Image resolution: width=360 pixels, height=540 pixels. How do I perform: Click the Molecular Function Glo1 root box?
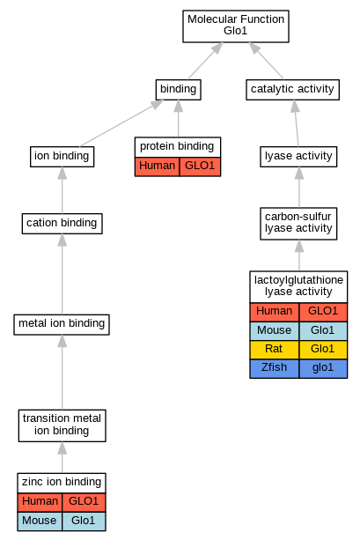(x=236, y=26)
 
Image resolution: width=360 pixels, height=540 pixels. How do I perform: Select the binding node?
(x=179, y=90)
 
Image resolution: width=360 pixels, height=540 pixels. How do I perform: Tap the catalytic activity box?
(x=292, y=90)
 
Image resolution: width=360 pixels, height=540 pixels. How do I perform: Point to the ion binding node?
(x=62, y=157)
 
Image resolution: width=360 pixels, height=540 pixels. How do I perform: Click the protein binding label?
(x=177, y=147)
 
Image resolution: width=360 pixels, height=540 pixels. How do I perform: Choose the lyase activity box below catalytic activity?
(x=298, y=157)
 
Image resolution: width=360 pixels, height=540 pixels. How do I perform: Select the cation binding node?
(x=62, y=224)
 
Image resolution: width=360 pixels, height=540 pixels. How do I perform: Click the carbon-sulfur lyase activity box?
(x=298, y=224)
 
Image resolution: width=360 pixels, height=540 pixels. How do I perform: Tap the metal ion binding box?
(x=62, y=324)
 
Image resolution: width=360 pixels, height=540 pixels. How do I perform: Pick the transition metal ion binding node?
(x=62, y=425)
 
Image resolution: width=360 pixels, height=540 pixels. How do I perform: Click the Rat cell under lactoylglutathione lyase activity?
(x=275, y=350)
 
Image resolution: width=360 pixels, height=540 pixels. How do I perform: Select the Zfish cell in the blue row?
(x=275, y=368)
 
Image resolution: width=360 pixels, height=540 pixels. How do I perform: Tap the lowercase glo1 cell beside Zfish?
(x=323, y=368)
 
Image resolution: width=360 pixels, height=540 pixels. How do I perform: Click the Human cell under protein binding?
(x=157, y=166)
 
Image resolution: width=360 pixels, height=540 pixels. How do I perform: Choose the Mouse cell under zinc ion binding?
(x=40, y=521)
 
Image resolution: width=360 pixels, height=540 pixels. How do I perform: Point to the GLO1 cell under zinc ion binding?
(x=84, y=502)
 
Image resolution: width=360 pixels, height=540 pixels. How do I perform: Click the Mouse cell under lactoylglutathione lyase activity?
(x=275, y=331)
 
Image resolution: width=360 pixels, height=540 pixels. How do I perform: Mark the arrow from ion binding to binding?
(x=121, y=123)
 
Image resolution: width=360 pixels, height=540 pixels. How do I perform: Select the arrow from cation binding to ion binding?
(x=62, y=190)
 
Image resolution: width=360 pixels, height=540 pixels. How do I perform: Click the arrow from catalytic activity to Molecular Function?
(x=267, y=61)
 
